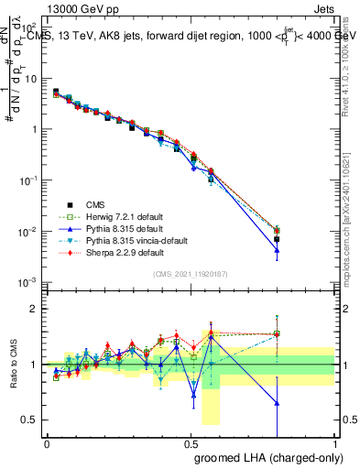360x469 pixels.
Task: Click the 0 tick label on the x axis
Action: pyautogui.click(x=47, y=442)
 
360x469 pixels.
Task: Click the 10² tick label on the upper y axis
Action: pyautogui.click(x=29, y=27)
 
